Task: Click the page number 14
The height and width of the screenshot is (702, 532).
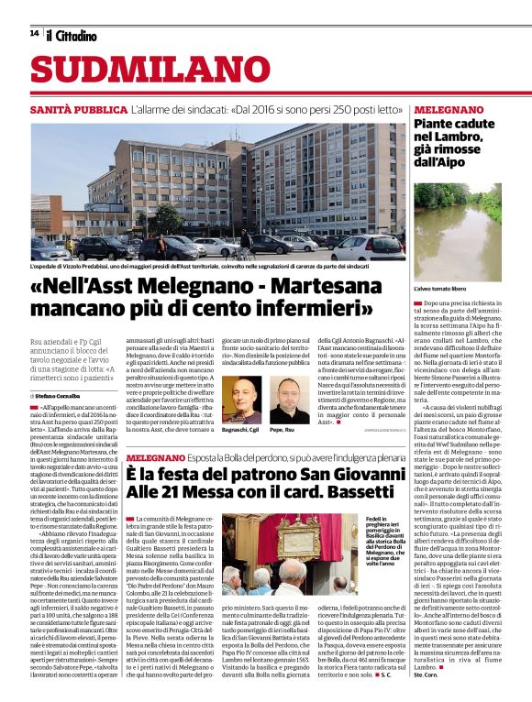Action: tap(34, 34)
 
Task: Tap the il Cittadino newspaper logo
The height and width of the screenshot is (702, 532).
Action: tap(71, 35)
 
